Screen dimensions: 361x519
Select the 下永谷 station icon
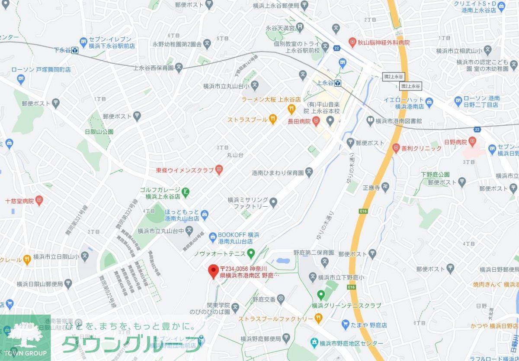click(x=75, y=51)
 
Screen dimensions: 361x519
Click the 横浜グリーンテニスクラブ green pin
click(x=320, y=295)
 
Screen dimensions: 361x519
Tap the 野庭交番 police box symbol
click(x=281, y=298)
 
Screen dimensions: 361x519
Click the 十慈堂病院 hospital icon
click(x=40, y=201)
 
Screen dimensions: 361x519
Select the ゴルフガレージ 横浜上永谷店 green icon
click(x=186, y=191)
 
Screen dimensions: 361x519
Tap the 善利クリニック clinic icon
click(x=395, y=148)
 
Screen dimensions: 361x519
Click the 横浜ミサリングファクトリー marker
click(x=273, y=202)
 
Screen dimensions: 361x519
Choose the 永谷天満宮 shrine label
click(x=280, y=28)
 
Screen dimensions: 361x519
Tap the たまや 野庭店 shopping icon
click(x=345, y=324)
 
